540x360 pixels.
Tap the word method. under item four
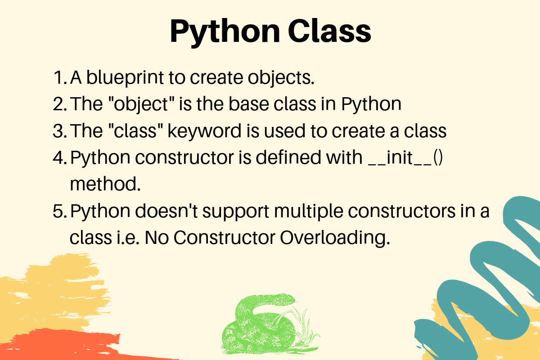[105, 184]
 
